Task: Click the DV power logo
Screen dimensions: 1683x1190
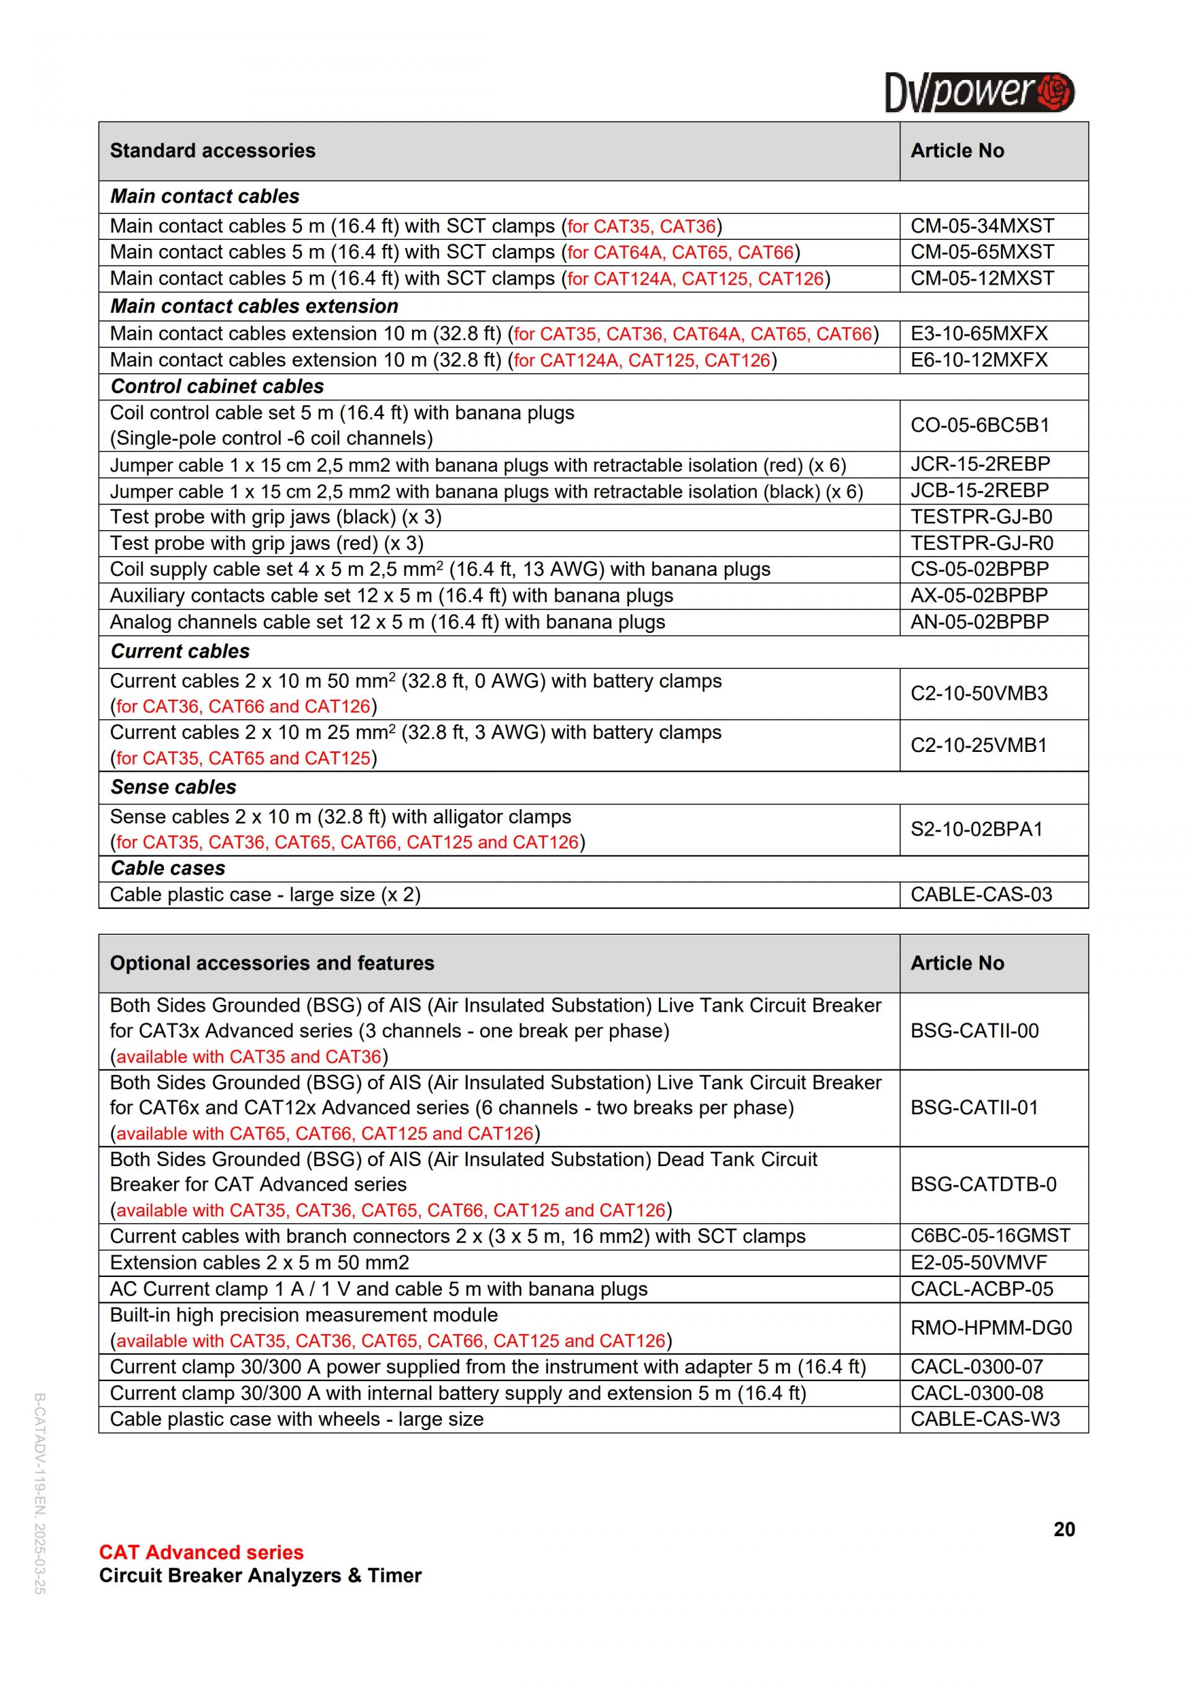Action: (979, 92)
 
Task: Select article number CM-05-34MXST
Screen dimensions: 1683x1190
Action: (982, 226)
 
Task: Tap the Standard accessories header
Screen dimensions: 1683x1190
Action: (213, 151)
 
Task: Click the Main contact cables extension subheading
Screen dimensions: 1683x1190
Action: (254, 306)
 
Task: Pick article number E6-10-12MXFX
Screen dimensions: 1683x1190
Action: (979, 360)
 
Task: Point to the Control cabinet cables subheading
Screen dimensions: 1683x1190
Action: (217, 386)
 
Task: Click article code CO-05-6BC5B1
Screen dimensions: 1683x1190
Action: (980, 425)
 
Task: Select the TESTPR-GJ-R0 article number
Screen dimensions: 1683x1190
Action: (981, 543)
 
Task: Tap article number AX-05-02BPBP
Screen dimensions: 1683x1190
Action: (979, 595)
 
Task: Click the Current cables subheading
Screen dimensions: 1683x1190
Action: (180, 651)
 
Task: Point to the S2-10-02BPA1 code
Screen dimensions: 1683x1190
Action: (976, 829)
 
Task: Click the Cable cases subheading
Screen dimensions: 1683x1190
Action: (168, 868)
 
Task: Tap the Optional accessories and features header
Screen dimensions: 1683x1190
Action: (272, 963)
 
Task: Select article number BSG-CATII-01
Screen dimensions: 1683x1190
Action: (974, 1107)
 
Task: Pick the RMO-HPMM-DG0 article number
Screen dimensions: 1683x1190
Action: (990, 1327)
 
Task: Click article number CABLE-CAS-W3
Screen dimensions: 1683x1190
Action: (985, 1419)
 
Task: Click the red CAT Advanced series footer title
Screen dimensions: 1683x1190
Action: (201, 1552)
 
